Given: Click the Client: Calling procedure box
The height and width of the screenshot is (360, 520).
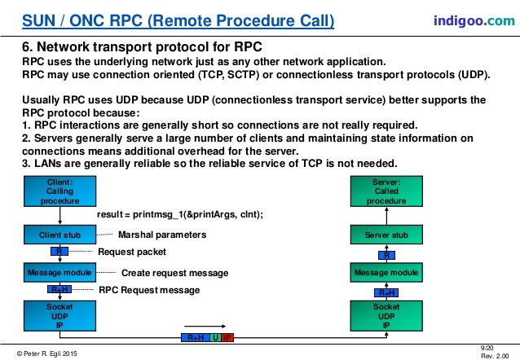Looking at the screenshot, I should (60, 190).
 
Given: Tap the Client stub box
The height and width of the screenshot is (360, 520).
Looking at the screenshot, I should (60, 235).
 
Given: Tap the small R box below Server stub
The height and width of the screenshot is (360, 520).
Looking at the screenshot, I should (386, 254).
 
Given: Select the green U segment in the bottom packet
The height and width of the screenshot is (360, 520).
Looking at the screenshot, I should (215, 336).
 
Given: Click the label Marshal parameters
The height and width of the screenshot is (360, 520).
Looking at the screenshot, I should (151, 235).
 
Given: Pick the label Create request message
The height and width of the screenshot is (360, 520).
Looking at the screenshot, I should (174, 272).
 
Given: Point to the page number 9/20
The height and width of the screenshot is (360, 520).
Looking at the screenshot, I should (488, 347).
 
